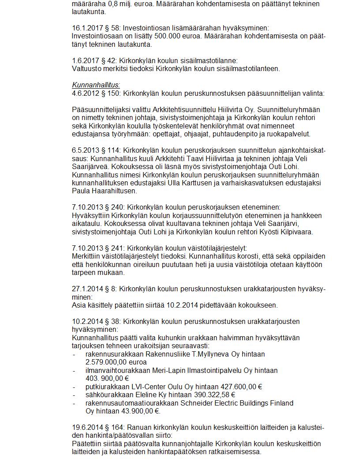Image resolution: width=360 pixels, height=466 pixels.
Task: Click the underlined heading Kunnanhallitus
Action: (96, 85)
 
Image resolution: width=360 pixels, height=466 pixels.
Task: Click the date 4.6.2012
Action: (84, 93)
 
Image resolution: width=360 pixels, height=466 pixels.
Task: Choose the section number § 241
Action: (114, 248)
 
